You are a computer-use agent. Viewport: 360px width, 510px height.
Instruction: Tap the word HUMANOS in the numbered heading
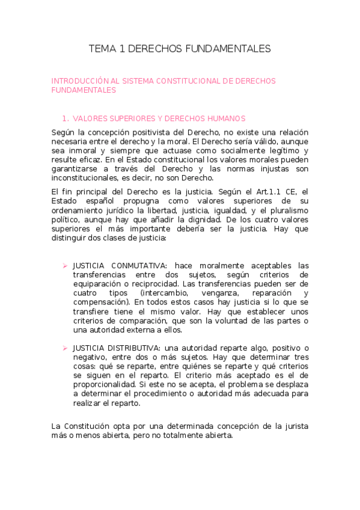(x=210, y=118)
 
